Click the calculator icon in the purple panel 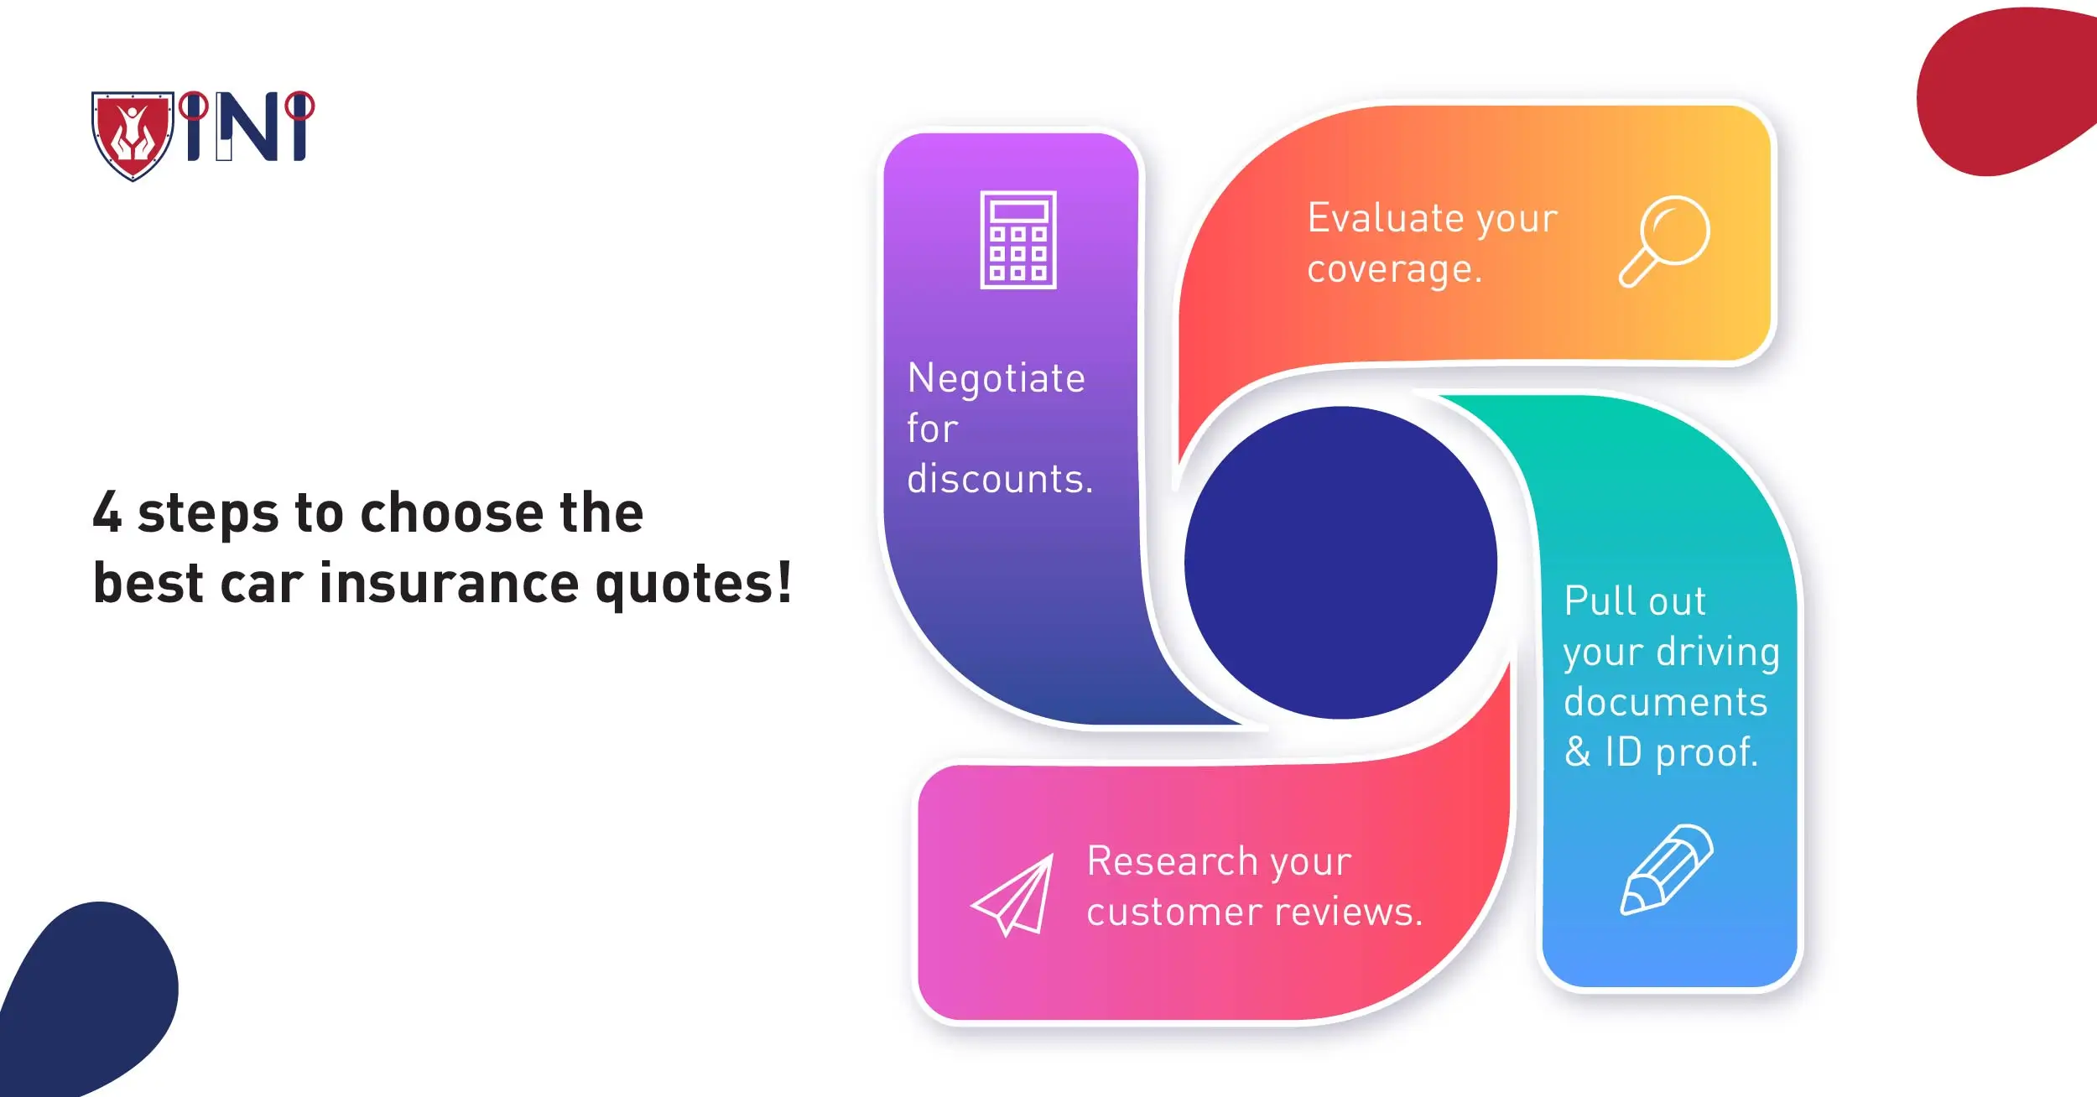click(1018, 240)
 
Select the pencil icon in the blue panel click(1667, 870)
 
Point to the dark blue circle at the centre click(1340, 563)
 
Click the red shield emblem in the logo click(133, 135)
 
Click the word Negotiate click(996, 379)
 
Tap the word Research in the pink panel click(1172, 861)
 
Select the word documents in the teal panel click(1666, 702)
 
